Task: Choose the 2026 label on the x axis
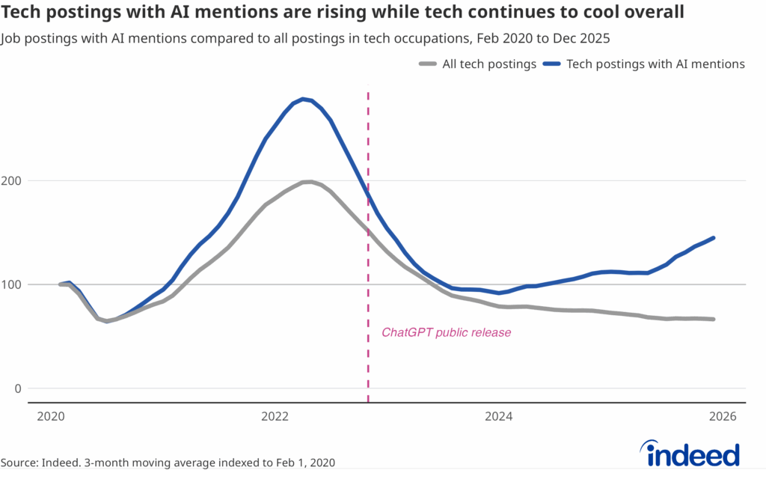point(723,416)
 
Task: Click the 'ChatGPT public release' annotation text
point(447,332)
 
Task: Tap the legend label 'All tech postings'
point(489,64)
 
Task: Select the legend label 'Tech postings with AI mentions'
point(656,64)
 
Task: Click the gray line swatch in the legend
point(428,65)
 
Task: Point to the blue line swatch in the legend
point(553,65)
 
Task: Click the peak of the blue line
point(302,99)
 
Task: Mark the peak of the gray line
point(307,182)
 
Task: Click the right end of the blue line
point(714,238)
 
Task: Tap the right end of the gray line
point(714,319)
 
